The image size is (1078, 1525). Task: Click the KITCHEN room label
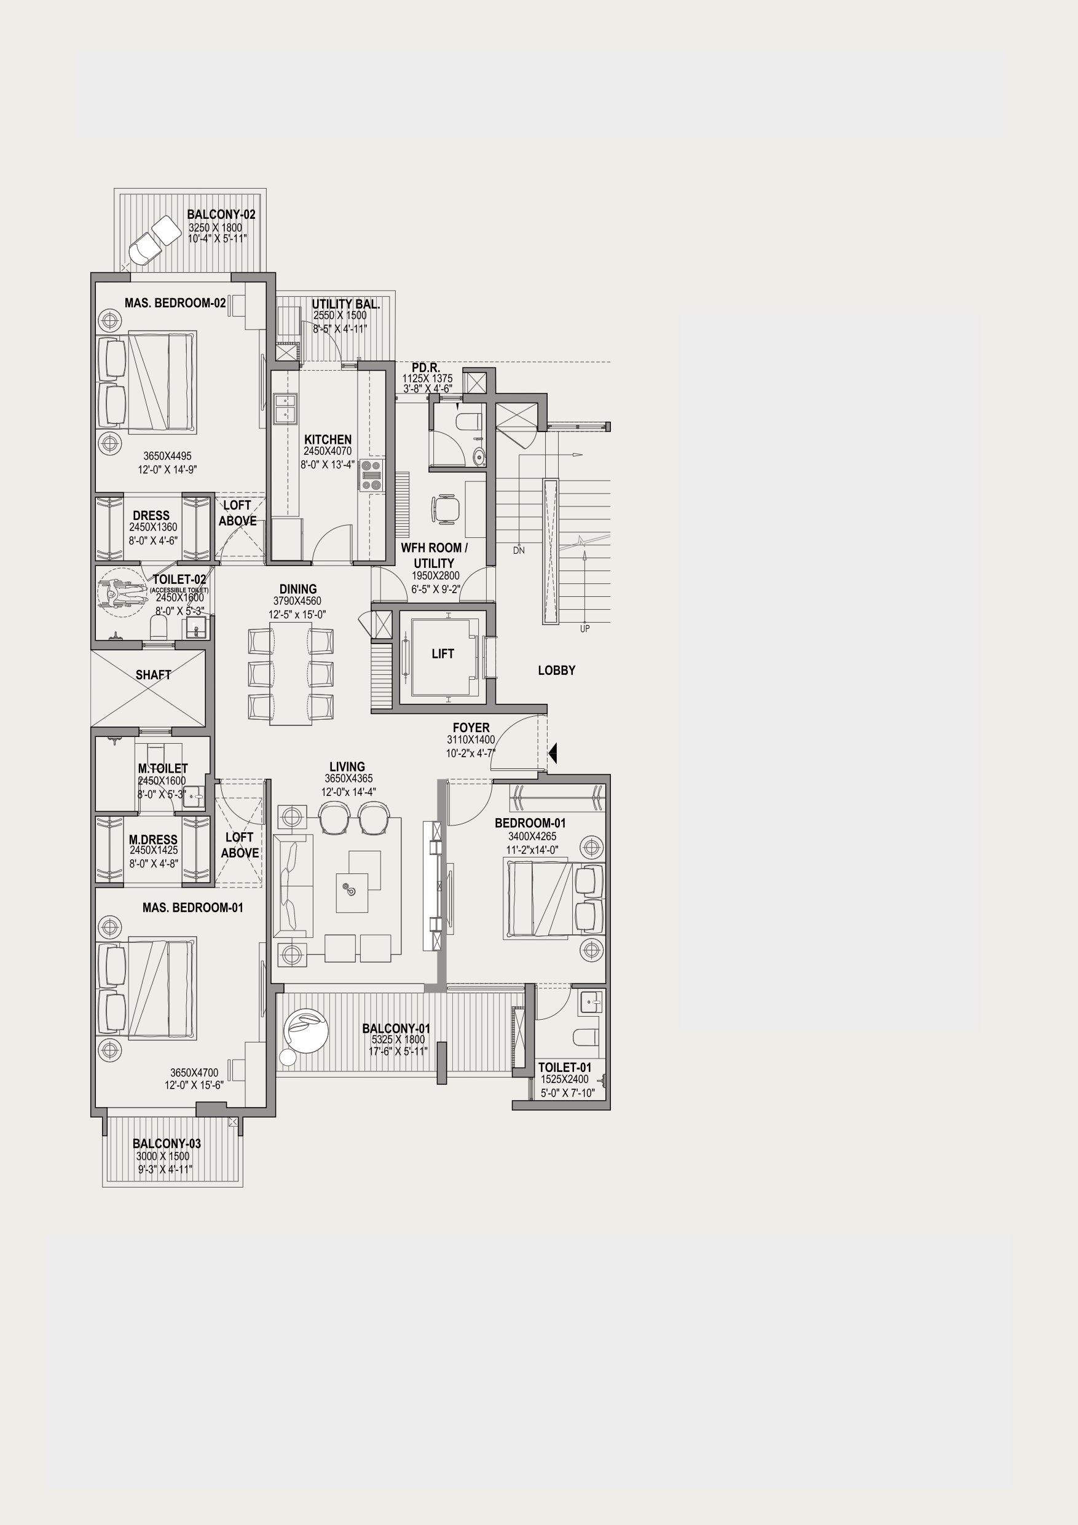point(328,439)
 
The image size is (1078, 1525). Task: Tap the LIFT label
point(443,653)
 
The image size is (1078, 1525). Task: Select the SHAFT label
point(154,675)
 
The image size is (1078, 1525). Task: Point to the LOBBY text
point(557,670)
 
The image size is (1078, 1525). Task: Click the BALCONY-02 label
point(221,215)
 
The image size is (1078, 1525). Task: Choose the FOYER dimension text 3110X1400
point(471,740)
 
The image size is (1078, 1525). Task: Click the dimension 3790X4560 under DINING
point(297,602)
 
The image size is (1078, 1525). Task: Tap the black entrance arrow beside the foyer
point(553,753)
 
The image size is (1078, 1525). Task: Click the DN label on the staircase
point(519,550)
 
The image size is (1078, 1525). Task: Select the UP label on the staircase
point(584,628)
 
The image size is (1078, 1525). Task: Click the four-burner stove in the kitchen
point(371,475)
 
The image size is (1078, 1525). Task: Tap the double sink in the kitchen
point(285,409)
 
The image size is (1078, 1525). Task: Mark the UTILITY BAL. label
point(345,304)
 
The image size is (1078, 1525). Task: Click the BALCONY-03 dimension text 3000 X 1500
point(163,1156)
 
